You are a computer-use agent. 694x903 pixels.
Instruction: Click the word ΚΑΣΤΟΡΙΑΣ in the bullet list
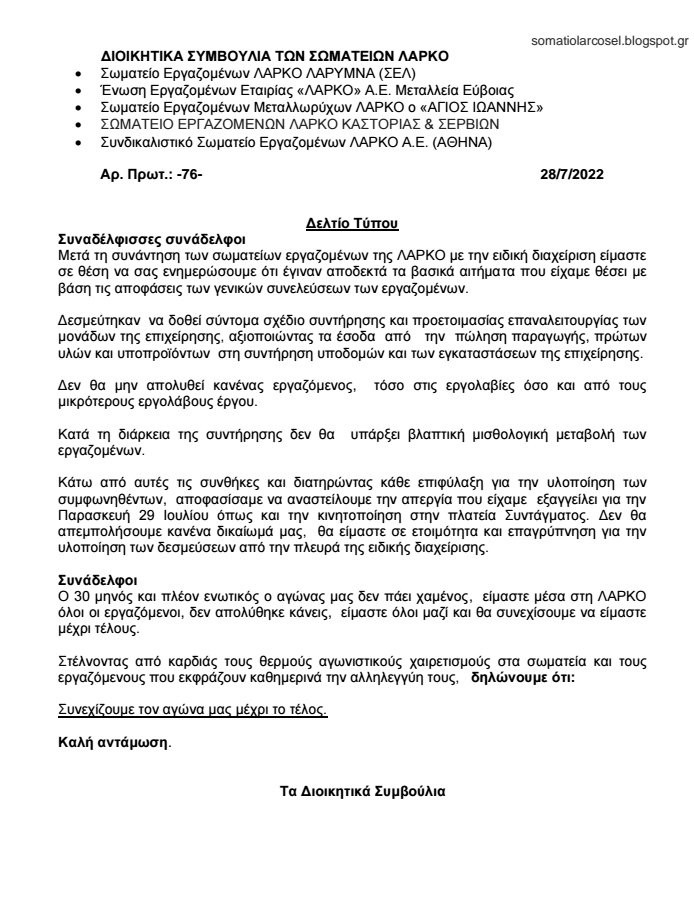340,124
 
